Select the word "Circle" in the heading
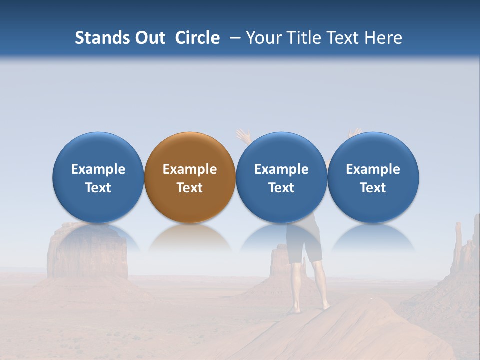pos(197,38)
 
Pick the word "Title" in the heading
pos(305,38)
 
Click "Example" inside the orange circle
pos(189,169)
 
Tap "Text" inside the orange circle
pos(189,188)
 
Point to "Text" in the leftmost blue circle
pos(98,188)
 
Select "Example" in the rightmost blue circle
pos(373,169)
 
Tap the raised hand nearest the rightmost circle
pos(354,133)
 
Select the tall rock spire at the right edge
pos(458,242)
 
